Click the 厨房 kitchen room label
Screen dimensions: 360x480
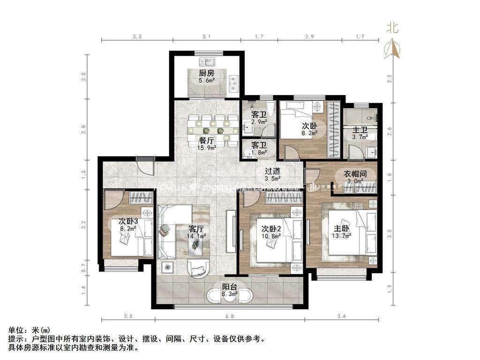(206, 73)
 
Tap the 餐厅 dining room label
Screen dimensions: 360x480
(206, 140)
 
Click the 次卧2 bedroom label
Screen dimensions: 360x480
(271, 229)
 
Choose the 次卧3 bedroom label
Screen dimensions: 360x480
(128, 221)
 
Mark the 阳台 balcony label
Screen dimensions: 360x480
(229, 287)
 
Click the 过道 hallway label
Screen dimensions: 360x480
(272, 171)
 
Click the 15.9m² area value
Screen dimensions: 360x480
(207, 148)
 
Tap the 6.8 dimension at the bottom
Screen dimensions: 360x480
(229, 317)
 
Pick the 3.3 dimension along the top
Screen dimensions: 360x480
(137, 36)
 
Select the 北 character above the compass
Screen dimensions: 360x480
(392, 28)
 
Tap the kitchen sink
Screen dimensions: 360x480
(206, 61)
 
